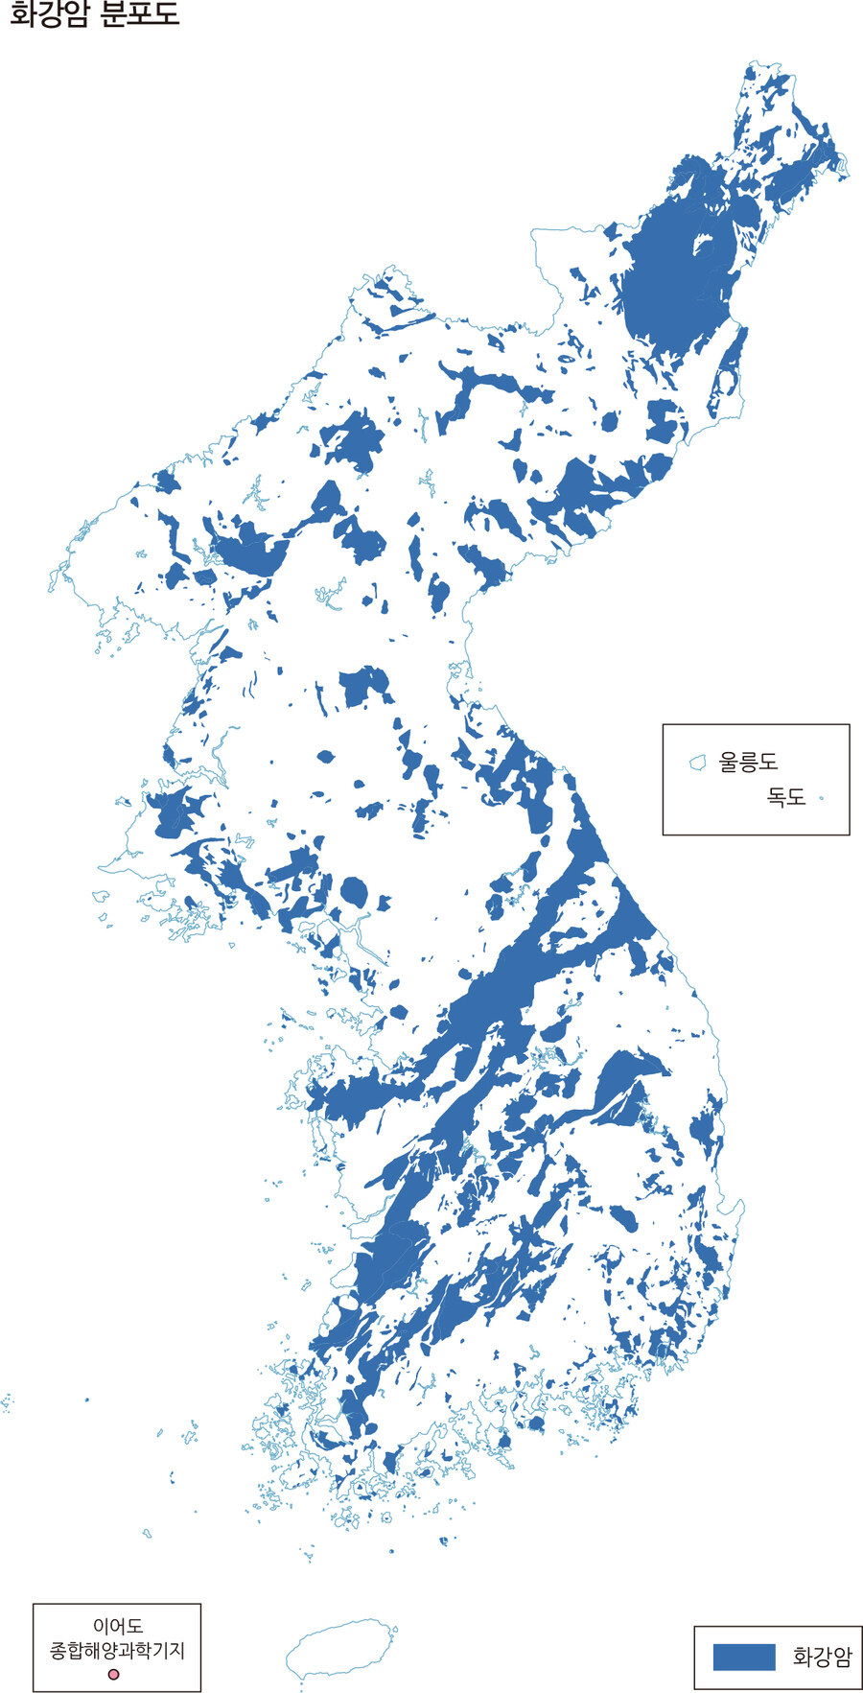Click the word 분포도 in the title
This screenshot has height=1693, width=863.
pyautogui.click(x=139, y=15)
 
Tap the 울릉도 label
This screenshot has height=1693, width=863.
pyautogui.click(x=748, y=763)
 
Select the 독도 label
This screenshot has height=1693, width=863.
pyautogui.click(x=785, y=797)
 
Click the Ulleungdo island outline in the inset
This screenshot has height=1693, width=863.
pyautogui.click(x=698, y=763)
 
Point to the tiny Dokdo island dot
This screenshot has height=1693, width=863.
pyautogui.click(x=822, y=797)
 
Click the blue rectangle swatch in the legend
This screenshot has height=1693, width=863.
pyautogui.click(x=743, y=1657)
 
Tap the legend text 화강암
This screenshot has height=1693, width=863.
pyautogui.click(x=822, y=1657)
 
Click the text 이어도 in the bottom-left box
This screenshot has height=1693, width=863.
pyautogui.click(x=117, y=1626)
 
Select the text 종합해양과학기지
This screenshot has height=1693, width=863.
pyautogui.click(x=117, y=1651)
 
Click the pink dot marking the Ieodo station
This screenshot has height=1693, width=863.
pyautogui.click(x=114, y=1675)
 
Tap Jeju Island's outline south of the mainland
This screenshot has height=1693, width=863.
pyautogui.click(x=340, y=1650)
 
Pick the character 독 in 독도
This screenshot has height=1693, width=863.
pyautogui.click(x=776, y=797)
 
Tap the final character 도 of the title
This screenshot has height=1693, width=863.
pyautogui.click(x=166, y=15)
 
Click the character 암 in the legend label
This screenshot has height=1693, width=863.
pyautogui.click(x=841, y=1657)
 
